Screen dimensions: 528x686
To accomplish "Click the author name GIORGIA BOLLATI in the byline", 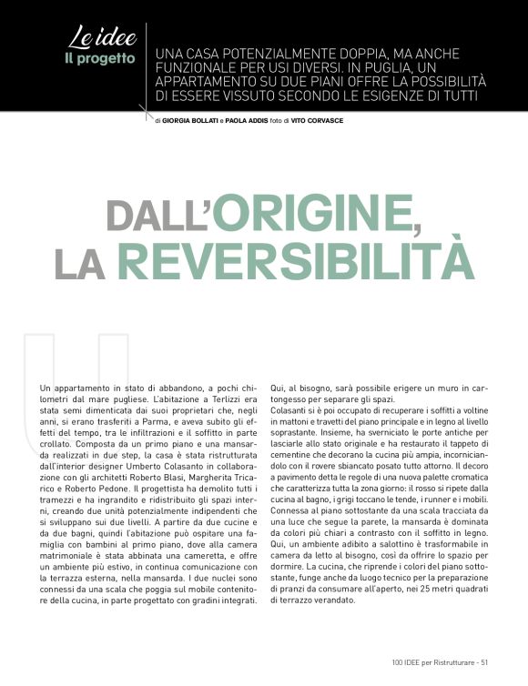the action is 189,120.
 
